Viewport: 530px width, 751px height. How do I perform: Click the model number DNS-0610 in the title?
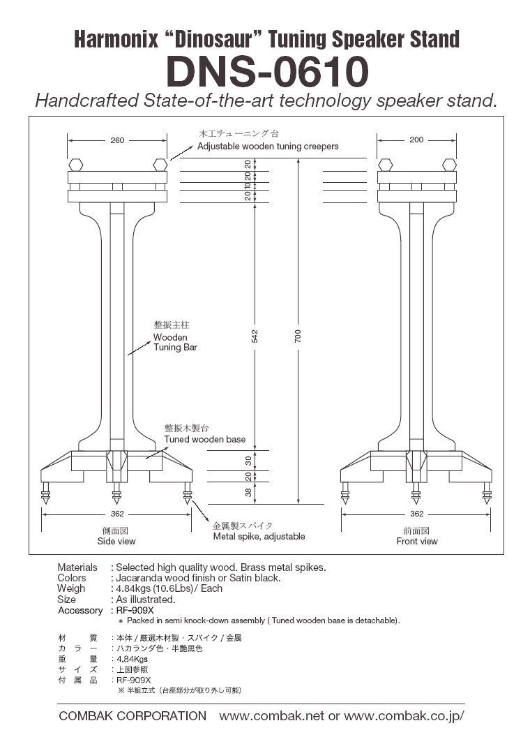tap(267, 71)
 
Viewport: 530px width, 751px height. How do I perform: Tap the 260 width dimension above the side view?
tap(117, 140)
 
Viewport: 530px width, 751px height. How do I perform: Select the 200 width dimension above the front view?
tap(416, 140)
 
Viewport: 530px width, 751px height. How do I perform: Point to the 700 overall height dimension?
tap(298, 336)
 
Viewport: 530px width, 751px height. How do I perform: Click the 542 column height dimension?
tap(255, 336)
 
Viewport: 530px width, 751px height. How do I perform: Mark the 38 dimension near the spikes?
tap(248, 492)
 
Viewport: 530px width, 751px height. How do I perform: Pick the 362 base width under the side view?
tap(117, 514)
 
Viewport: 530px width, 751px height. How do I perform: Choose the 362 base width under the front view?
tap(416, 514)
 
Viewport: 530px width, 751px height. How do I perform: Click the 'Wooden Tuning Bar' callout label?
tap(175, 343)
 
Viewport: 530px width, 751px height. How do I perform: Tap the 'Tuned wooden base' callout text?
tap(205, 439)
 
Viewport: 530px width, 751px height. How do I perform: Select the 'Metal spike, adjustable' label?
tap(259, 537)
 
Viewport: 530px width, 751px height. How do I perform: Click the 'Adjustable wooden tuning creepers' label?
tap(268, 146)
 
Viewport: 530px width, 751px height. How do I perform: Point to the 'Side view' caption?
tap(116, 541)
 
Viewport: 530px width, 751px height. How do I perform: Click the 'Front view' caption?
tap(416, 541)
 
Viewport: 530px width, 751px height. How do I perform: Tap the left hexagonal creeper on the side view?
tap(75, 165)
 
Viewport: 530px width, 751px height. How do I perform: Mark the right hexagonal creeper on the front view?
tap(449, 165)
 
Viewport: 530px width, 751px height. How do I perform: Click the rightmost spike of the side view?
tap(188, 493)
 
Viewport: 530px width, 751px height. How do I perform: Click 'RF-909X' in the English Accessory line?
tap(135, 610)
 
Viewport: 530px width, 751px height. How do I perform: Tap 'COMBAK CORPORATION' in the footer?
tap(132, 716)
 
